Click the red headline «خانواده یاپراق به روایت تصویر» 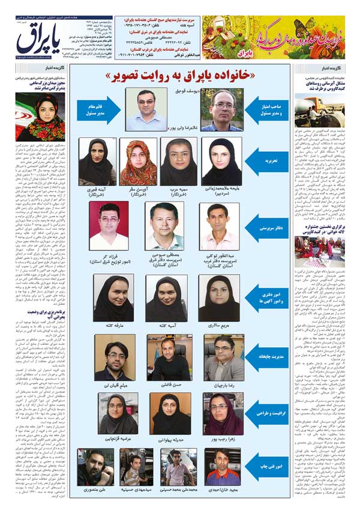click(x=180, y=76)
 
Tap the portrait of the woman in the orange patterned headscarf click(x=139, y=163)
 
